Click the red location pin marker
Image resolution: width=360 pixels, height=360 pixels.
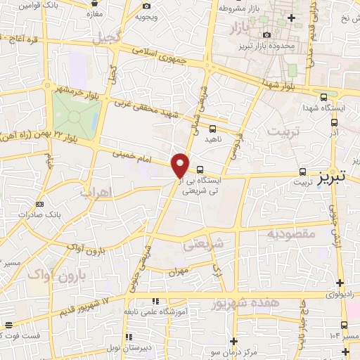[181, 165]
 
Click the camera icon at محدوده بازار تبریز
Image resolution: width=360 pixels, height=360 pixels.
[266, 34]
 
